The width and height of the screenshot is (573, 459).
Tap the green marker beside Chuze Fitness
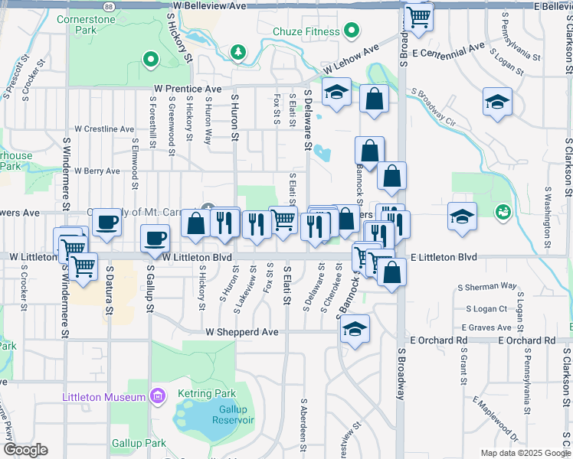pyautogui.click(x=352, y=31)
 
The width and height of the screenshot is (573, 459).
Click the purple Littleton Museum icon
pyautogui.click(x=158, y=397)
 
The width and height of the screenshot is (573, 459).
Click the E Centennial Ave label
pyautogui.click(x=448, y=50)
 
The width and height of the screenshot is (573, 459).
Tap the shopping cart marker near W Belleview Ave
pyautogui.click(x=418, y=15)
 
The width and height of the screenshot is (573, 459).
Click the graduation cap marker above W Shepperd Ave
pyautogui.click(x=354, y=330)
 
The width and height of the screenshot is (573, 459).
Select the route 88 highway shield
pyautogui.click(x=110, y=5)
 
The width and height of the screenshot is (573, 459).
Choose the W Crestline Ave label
pyautogui.click(x=104, y=129)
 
